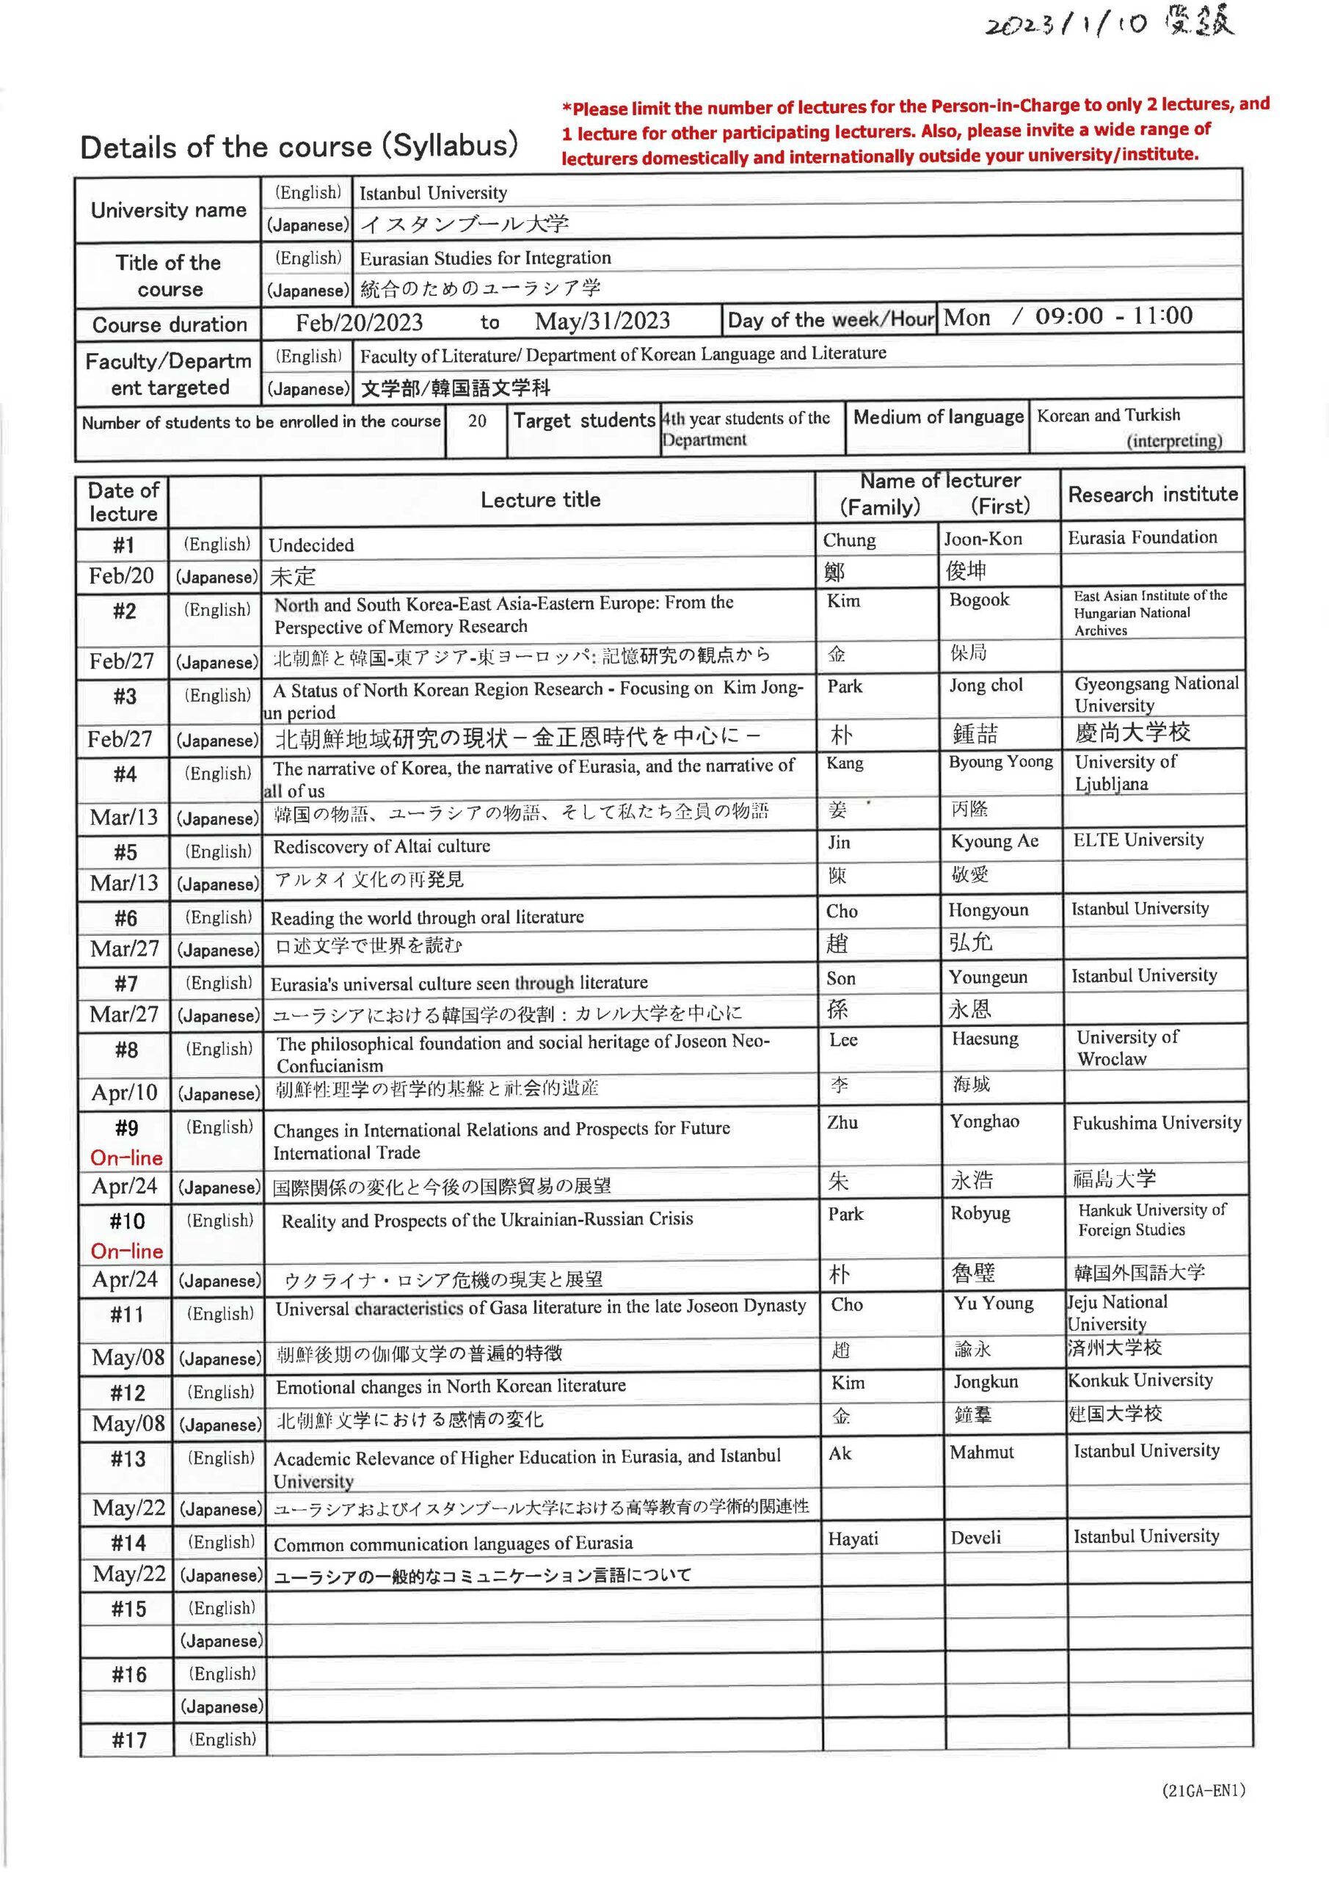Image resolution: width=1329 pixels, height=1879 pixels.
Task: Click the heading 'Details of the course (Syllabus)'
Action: [299, 147]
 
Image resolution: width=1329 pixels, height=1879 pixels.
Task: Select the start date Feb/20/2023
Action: [360, 322]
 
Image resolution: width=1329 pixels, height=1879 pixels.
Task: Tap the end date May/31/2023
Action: [602, 321]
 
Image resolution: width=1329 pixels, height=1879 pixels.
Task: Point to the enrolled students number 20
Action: [476, 421]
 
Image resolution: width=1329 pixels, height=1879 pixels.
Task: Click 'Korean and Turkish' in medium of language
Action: [1108, 415]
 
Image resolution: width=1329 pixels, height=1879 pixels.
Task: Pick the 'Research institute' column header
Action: [1152, 494]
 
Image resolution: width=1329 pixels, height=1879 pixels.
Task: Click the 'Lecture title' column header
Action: [540, 499]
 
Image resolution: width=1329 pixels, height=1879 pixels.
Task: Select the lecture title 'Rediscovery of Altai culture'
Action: [382, 846]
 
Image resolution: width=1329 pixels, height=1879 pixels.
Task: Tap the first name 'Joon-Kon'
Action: [983, 539]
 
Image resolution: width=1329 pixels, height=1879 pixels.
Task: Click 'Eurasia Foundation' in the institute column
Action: [1142, 538]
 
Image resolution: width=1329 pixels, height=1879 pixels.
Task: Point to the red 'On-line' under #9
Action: [127, 1158]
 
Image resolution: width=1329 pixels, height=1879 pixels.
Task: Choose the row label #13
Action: [128, 1458]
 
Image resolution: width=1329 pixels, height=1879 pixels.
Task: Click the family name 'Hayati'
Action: [853, 1538]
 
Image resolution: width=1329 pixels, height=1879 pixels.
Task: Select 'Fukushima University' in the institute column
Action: [1157, 1123]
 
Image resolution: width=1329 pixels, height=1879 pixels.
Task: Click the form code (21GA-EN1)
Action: [1203, 1789]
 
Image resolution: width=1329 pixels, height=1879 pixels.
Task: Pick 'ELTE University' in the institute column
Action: [1138, 840]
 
